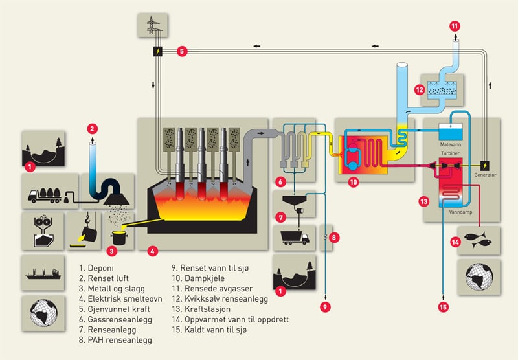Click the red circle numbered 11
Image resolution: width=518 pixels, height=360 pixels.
[x=454, y=8]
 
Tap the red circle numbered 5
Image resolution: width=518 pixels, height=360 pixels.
[x=182, y=51]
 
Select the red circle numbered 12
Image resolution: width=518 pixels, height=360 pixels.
[x=420, y=89]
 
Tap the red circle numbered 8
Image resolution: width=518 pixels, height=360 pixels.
[x=334, y=237]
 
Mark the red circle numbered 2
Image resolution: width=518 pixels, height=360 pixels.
[x=93, y=128]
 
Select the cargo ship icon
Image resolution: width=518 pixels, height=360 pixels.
[x=43, y=272]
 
